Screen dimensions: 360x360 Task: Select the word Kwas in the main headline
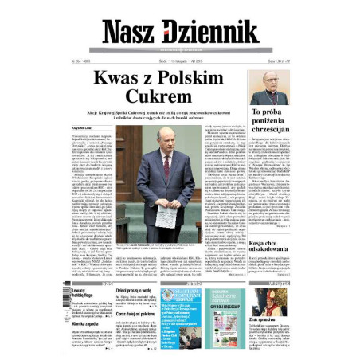[x=119, y=78]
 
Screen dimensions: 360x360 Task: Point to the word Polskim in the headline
[x=210, y=78]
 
